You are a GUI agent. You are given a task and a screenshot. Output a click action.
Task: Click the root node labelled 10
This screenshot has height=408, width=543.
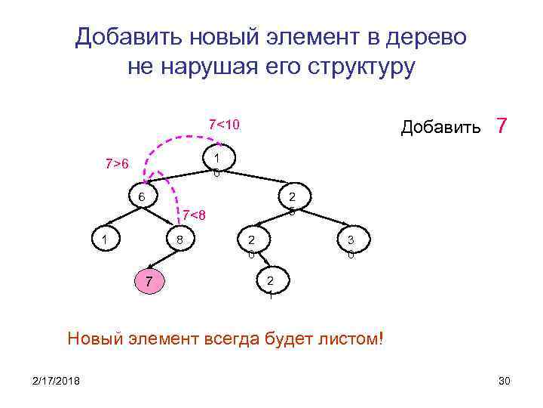[x=217, y=162]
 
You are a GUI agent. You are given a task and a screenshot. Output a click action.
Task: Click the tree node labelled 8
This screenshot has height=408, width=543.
[x=179, y=240]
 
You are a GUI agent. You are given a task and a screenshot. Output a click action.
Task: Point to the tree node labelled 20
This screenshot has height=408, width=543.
[x=251, y=243]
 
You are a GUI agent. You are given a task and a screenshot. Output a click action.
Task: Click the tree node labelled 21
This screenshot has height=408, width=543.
[x=269, y=284]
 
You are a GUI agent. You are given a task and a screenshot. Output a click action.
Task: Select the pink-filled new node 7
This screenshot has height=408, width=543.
[x=149, y=283]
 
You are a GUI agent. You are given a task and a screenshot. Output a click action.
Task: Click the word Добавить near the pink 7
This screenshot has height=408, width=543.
[x=440, y=127]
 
